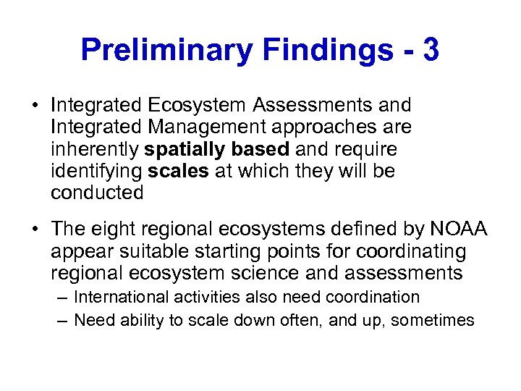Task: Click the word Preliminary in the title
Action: (x=166, y=50)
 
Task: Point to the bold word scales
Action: (x=174, y=171)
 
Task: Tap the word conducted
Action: (x=97, y=193)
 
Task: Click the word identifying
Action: (x=96, y=171)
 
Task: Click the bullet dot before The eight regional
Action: (x=35, y=230)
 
